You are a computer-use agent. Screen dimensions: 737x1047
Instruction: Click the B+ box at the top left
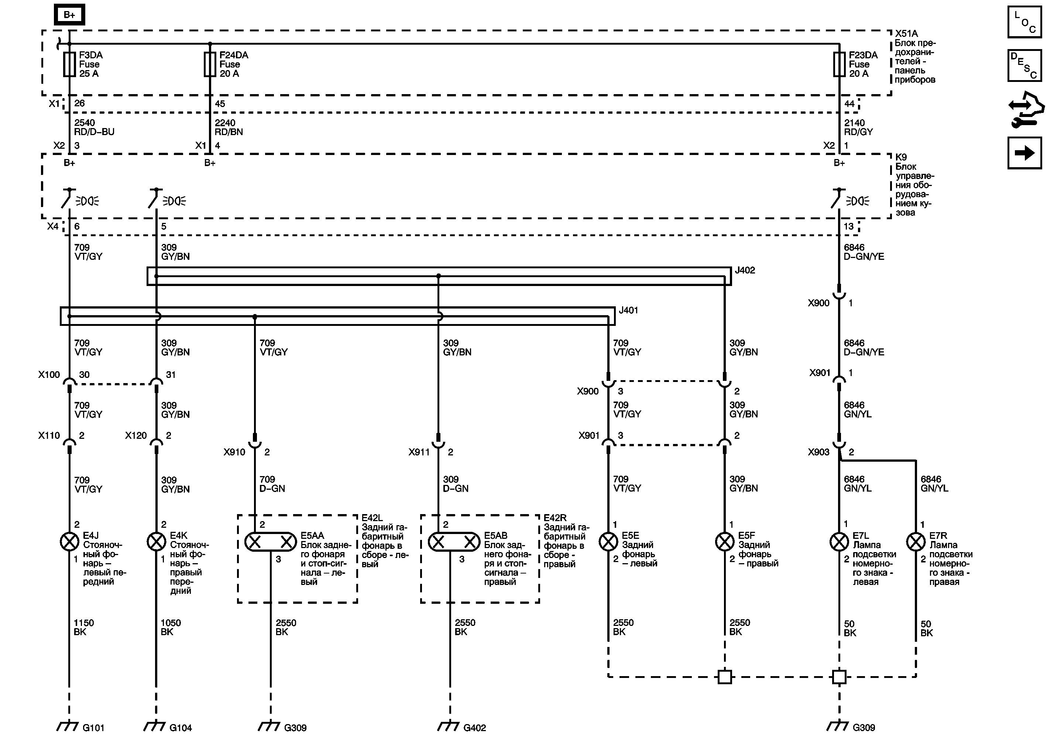[69, 15]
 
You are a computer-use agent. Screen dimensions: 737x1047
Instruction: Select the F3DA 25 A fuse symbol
[69, 64]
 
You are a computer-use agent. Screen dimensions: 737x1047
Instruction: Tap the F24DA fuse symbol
[210, 64]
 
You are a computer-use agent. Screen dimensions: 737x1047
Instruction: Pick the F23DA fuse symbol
[839, 64]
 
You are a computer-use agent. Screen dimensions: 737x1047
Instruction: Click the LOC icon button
[1024, 21]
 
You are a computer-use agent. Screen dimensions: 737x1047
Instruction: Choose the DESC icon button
[1024, 65]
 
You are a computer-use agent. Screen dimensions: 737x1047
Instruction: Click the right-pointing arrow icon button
[1024, 153]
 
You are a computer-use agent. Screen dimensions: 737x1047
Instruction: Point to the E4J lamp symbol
[69, 542]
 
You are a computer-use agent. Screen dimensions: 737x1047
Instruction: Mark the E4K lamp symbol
[156, 542]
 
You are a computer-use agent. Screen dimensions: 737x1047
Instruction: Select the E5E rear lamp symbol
[608, 542]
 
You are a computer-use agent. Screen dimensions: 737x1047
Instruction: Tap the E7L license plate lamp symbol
[839, 542]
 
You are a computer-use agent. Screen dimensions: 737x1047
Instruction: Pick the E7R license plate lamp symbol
[915, 542]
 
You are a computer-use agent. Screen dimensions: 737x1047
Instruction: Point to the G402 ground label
[474, 728]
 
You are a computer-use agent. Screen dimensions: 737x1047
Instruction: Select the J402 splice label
[745, 270]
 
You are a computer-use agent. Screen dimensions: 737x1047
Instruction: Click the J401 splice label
[628, 310]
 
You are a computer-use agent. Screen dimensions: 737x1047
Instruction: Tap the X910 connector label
[234, 452]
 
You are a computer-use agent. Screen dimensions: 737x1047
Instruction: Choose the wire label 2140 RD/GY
[858, 127]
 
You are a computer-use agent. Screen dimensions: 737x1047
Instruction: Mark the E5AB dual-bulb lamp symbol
[454, 542]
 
